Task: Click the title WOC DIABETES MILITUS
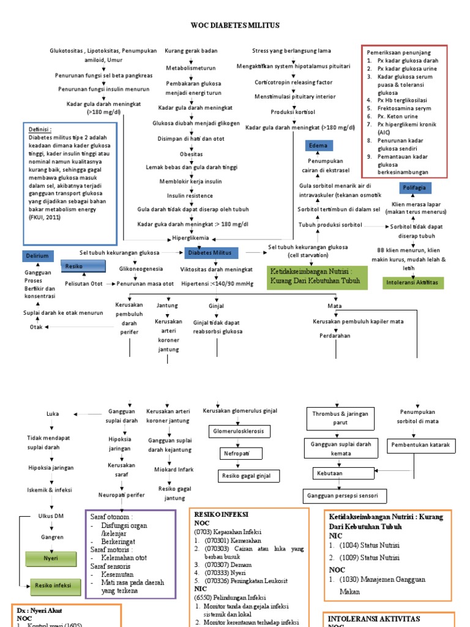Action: click(236, 25)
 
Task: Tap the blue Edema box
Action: click(318, 146)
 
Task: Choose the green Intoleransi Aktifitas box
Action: click(414, 283)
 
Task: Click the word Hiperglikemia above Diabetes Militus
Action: click(190, 238)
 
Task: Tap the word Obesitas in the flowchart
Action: click(190, 154)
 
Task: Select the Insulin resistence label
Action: click(190, 195)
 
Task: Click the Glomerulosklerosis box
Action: click(237, 431)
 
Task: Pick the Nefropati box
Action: click(237, 453)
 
